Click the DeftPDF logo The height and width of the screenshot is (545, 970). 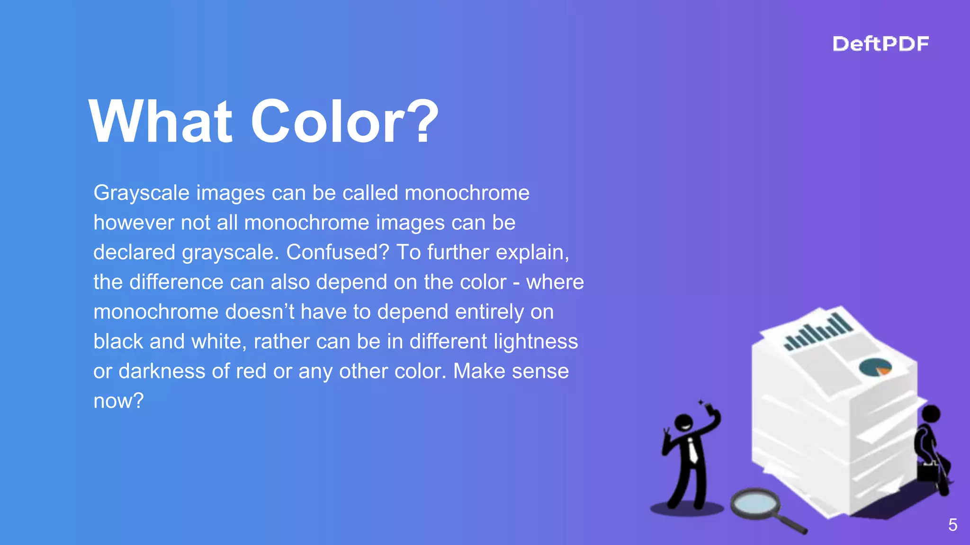coord(880,44)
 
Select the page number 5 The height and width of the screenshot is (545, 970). coord(952,525)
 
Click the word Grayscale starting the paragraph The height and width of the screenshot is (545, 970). coord(141,193)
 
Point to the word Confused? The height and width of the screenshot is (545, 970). coord(337,252)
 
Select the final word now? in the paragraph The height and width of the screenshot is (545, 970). coord(118,401)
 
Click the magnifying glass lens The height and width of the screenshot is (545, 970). coord(754,503)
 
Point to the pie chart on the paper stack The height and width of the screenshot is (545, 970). coord(875,367)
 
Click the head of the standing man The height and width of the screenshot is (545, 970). coord(684,422)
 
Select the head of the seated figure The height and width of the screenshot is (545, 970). coord(931,414)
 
